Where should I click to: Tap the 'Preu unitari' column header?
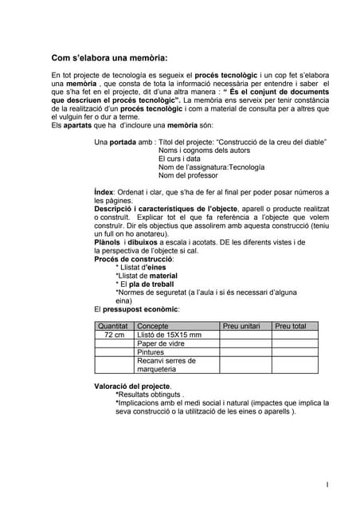(x=242, y=326)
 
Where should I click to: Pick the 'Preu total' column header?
(x=290, y=326)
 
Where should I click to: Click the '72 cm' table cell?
(x=114, y=335)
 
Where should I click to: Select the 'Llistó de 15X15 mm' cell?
(x=170, y=335)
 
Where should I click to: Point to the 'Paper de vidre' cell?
(x=161, y=343)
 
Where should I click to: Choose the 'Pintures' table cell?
(x=151, y=352)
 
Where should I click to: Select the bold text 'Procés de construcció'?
(x=134, y=259)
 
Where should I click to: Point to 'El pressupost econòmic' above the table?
(x=136, y=308)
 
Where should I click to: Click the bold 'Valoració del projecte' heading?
(x=132, y=386)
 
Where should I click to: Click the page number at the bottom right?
(x=327, y=484)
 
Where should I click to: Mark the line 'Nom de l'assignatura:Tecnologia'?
(x=211, y=167)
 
